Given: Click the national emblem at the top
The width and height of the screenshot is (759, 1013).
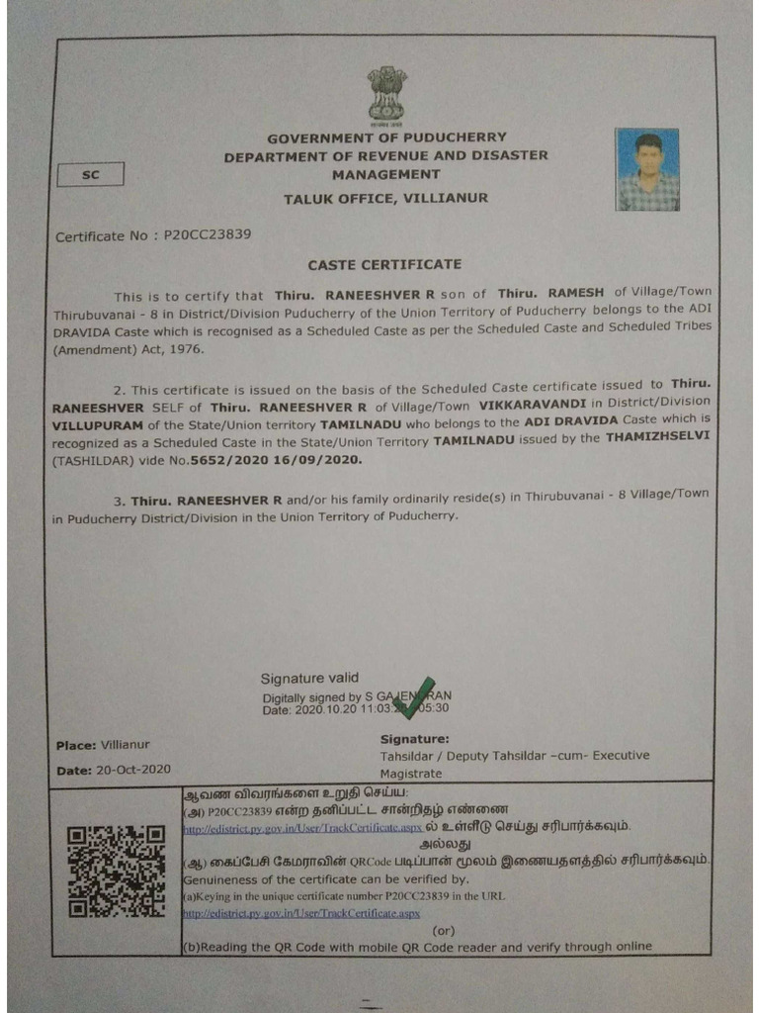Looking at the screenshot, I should [x=386, y=95].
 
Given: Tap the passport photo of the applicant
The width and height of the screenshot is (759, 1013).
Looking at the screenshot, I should [x=647, y=169].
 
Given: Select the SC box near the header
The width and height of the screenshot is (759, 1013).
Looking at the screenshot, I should [x=91, y=175].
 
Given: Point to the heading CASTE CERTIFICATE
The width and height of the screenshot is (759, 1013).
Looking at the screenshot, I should [x=384, y=265].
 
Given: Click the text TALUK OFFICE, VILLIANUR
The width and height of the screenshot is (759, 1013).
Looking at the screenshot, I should [x=385, y=199].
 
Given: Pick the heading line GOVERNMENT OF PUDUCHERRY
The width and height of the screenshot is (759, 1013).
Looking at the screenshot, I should [x=385, y=138].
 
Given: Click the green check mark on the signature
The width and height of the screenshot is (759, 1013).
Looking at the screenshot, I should [x=413, y=697].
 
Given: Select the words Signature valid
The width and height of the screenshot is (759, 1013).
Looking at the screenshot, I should [x=309, y=679].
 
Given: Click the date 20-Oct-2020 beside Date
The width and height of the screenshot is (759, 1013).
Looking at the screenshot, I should [x=128, y=770].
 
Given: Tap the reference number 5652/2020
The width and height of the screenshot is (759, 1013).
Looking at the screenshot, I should [x=225, y=461].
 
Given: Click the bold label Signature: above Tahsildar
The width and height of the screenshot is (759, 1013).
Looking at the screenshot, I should [x=414, y=739].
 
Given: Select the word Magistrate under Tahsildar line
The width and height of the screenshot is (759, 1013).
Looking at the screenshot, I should [x=411, y=774].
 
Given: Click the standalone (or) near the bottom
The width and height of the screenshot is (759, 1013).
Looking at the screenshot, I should [x=444, y=931].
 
